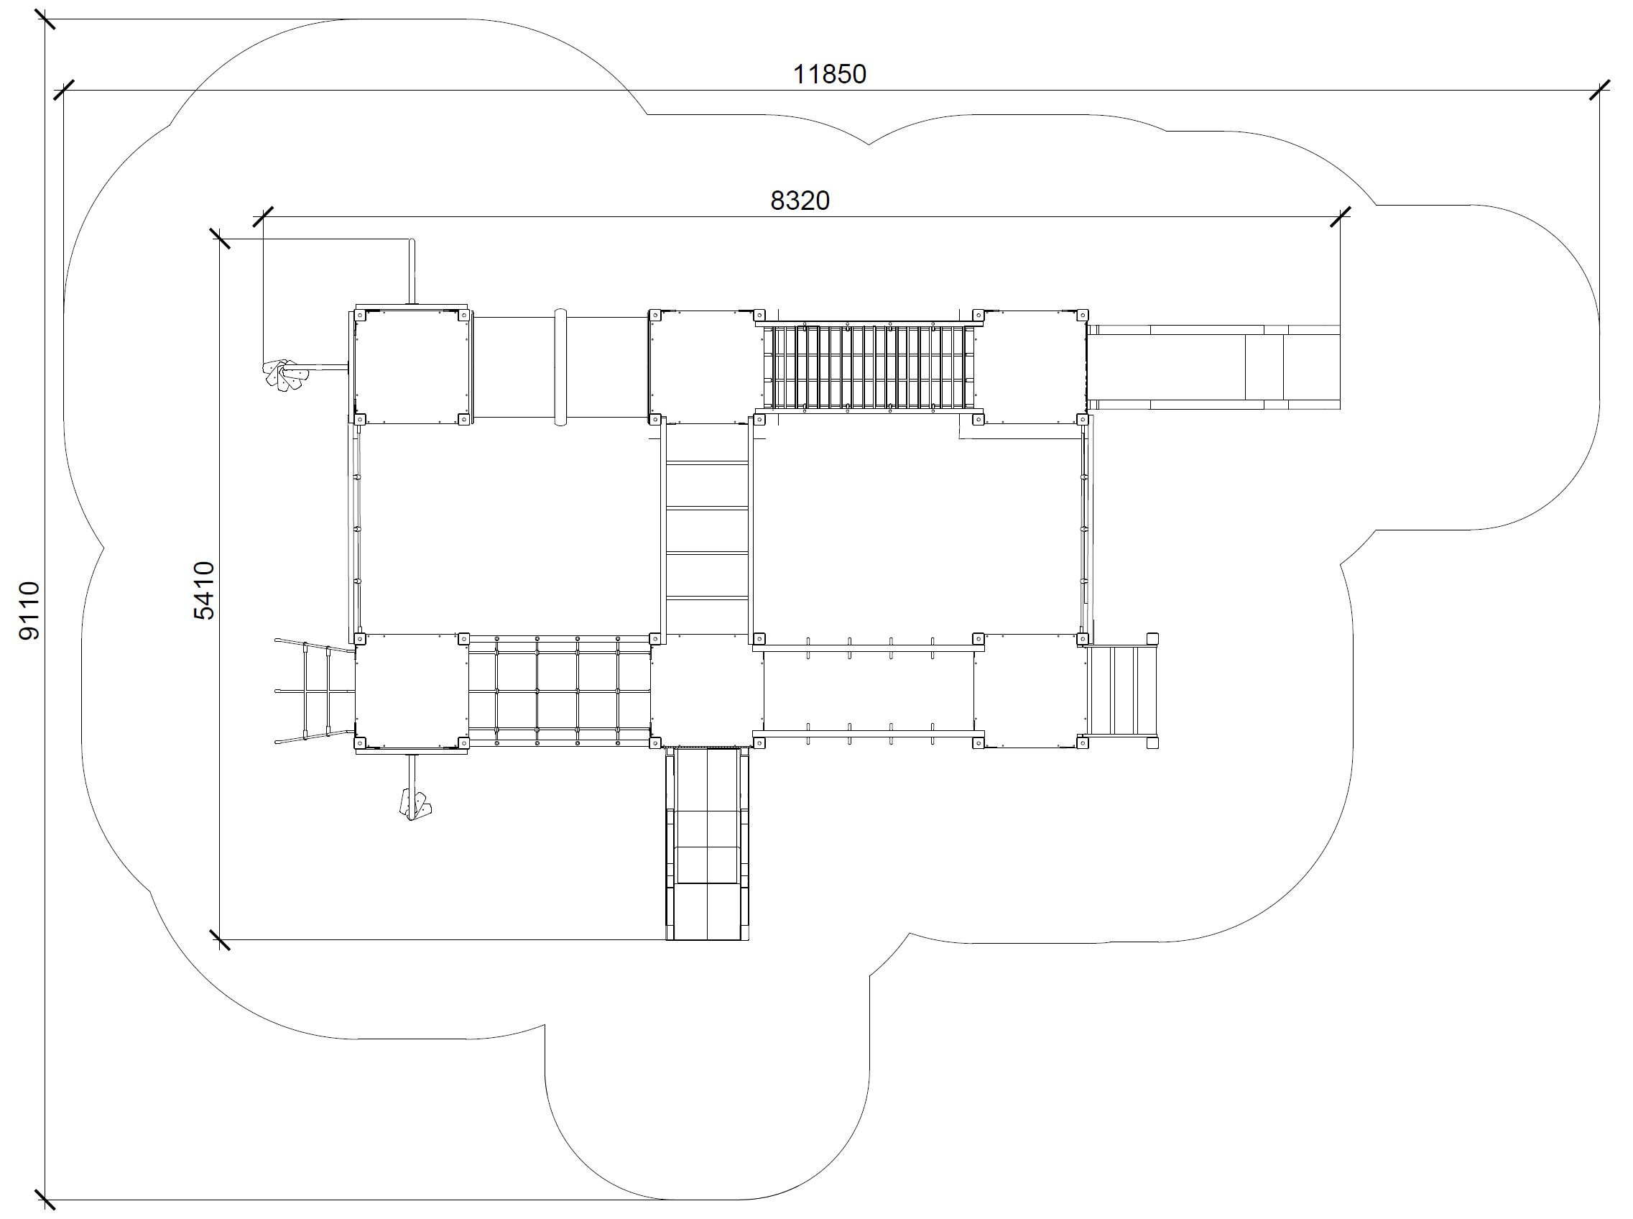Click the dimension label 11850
pos(829,75)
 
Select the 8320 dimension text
pos(800,201)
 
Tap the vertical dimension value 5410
pos(204,590)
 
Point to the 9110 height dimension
pos(29,611)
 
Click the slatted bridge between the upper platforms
pos(869,367)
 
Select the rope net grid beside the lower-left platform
pos(559,691)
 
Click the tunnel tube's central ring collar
pos(560,367)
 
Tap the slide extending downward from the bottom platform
pos(708,843)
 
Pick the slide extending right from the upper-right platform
pos(1213,367)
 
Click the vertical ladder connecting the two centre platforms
pos(708,529)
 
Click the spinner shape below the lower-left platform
pos(415,804)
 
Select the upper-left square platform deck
pos(410,367)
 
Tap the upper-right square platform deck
pos(1031,367)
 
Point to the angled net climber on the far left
pos(315,691)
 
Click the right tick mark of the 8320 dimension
pos(1340,217)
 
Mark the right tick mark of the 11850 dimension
pos(1599,91)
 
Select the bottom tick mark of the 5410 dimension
pos(220,940)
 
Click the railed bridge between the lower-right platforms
pos(869,691)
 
